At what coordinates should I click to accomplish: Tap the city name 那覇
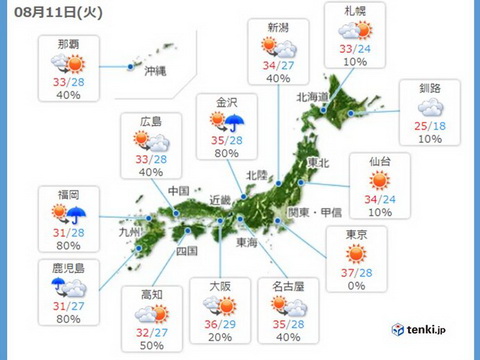[67, 45]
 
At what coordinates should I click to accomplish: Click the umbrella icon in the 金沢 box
[236, 123]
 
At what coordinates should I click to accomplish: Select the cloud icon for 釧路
[432, 106]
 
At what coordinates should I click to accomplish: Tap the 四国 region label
[186, 250]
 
